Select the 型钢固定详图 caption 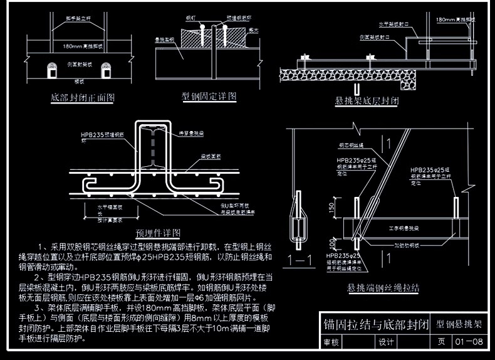pyautogui.click(x=209, y=96)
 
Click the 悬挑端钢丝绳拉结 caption pyautogui.click(x=383, y=288)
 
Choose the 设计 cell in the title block pyautogui.click(x=385, y=342)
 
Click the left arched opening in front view pyautogui.click(x=50, y=70)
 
